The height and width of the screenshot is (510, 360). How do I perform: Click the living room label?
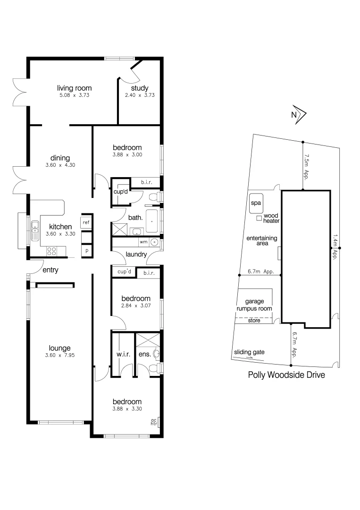click(x=74, y=88)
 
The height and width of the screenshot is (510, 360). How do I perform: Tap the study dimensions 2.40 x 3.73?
click(x=140, y=95)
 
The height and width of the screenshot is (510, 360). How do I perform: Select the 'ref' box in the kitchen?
click(x=86, y=222)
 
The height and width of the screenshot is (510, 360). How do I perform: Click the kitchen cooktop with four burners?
click(x=51, y=251)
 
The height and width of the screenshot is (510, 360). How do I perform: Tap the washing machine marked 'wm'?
click(x=143, y=242)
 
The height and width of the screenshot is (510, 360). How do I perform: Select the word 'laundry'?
click(x=136, y=255)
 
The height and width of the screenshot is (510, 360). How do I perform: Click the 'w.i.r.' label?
click(x=123, y=354)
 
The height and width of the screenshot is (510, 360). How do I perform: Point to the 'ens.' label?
click(x=144, y=354)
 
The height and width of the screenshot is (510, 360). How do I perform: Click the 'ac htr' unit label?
click(x=153, y=422)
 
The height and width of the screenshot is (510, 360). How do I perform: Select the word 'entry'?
click(x=50, y=271)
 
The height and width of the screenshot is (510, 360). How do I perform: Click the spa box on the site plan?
click(x=256, y=204)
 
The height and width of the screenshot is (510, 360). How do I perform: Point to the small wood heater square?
click(x=259, y=218)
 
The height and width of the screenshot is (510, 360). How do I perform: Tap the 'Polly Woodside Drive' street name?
click(x=286, y=375)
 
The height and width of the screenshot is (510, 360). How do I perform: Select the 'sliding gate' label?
click(x=249, y=352)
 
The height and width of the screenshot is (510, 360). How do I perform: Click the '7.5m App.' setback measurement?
click(x=307, y=164)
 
